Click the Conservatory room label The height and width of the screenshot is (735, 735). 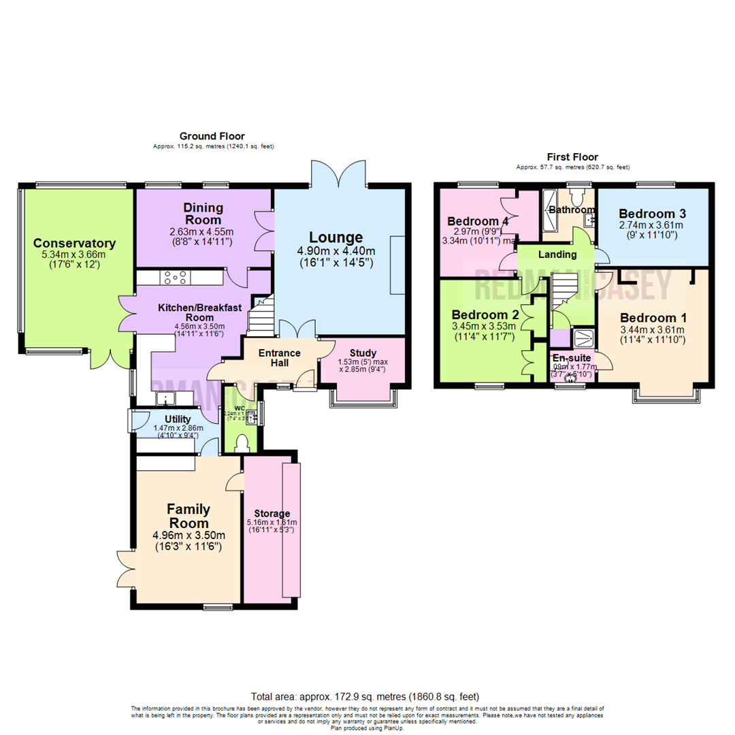coord(74,244)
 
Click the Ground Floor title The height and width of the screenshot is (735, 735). coord(212,137)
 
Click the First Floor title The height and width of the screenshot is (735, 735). coord(572,157)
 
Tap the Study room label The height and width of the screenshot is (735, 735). coord(363,353)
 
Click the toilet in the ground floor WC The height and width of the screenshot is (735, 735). coord(242,443)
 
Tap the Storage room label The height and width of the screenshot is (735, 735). coord(272,513)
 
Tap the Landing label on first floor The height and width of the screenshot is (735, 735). coord(557,255)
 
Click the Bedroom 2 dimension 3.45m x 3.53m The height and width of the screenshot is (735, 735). coord(485,327)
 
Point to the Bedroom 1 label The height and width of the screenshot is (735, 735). coord(653,318)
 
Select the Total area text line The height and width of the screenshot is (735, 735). coord(365,697)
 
